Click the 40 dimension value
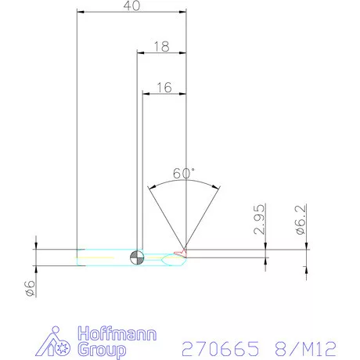(x=131, y=5)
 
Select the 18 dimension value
(x=162, y=46)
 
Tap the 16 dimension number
(x=164, y=88)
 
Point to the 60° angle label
(x=184, y=173)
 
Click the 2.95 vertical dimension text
(x=259, y=219)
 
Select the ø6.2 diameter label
(x=301, y=220)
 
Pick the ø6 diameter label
(x=30, y=288)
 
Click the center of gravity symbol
(x=137, y=257)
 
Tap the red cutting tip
(x=181, y=252)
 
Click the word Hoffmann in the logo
(x=117, y=333)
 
